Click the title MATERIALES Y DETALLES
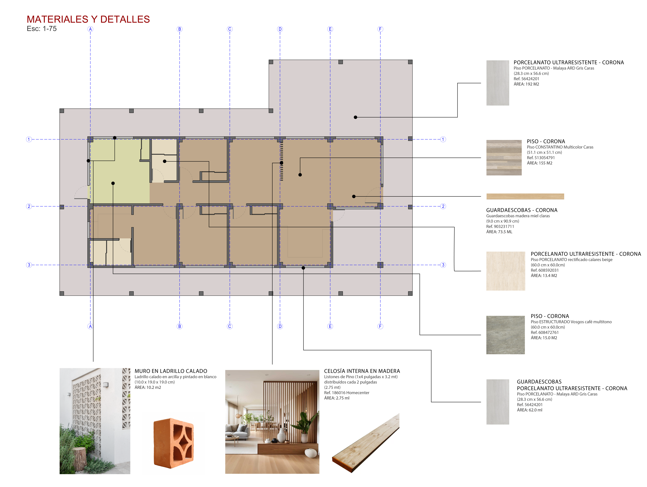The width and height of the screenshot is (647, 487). click(x=88, y=19)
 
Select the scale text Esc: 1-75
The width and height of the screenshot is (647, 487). click(x=42, y=29)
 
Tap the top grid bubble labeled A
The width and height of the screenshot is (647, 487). click(x=90, y=29)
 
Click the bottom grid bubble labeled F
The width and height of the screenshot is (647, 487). click(x=380, y=326)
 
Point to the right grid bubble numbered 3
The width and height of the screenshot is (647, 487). click(x=443, y=265)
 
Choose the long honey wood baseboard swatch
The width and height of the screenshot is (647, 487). click(x=525, y=196)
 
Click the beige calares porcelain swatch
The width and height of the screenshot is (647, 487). click(x=505, y=271)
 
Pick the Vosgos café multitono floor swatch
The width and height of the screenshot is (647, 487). click(x=505, y=335)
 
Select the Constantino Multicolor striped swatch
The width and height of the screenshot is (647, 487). click(x=504, y=158)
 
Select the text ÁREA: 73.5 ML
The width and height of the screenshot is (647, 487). click(x=499, y=232)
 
